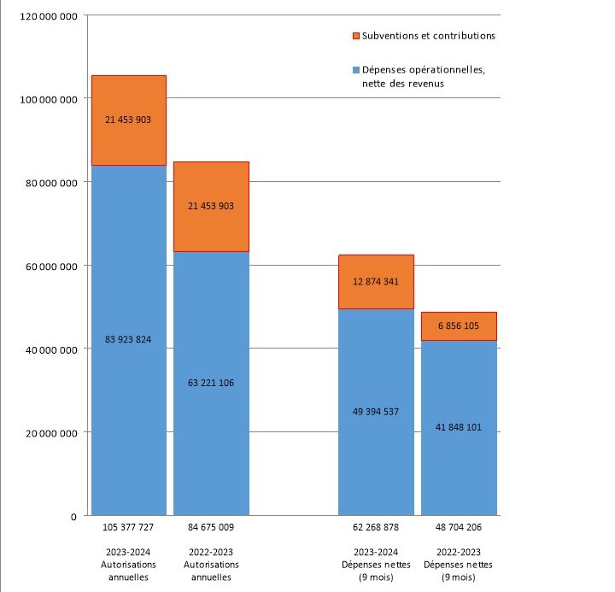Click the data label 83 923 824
(x=128, y=340)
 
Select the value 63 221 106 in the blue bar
(x=211, y=383)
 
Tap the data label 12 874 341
(x=376, y=282)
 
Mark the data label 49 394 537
(x=376, y=412)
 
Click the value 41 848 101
(x=459, y=427)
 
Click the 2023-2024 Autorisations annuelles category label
(x=128, y=564)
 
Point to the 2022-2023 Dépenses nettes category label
(x=459, y=564)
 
